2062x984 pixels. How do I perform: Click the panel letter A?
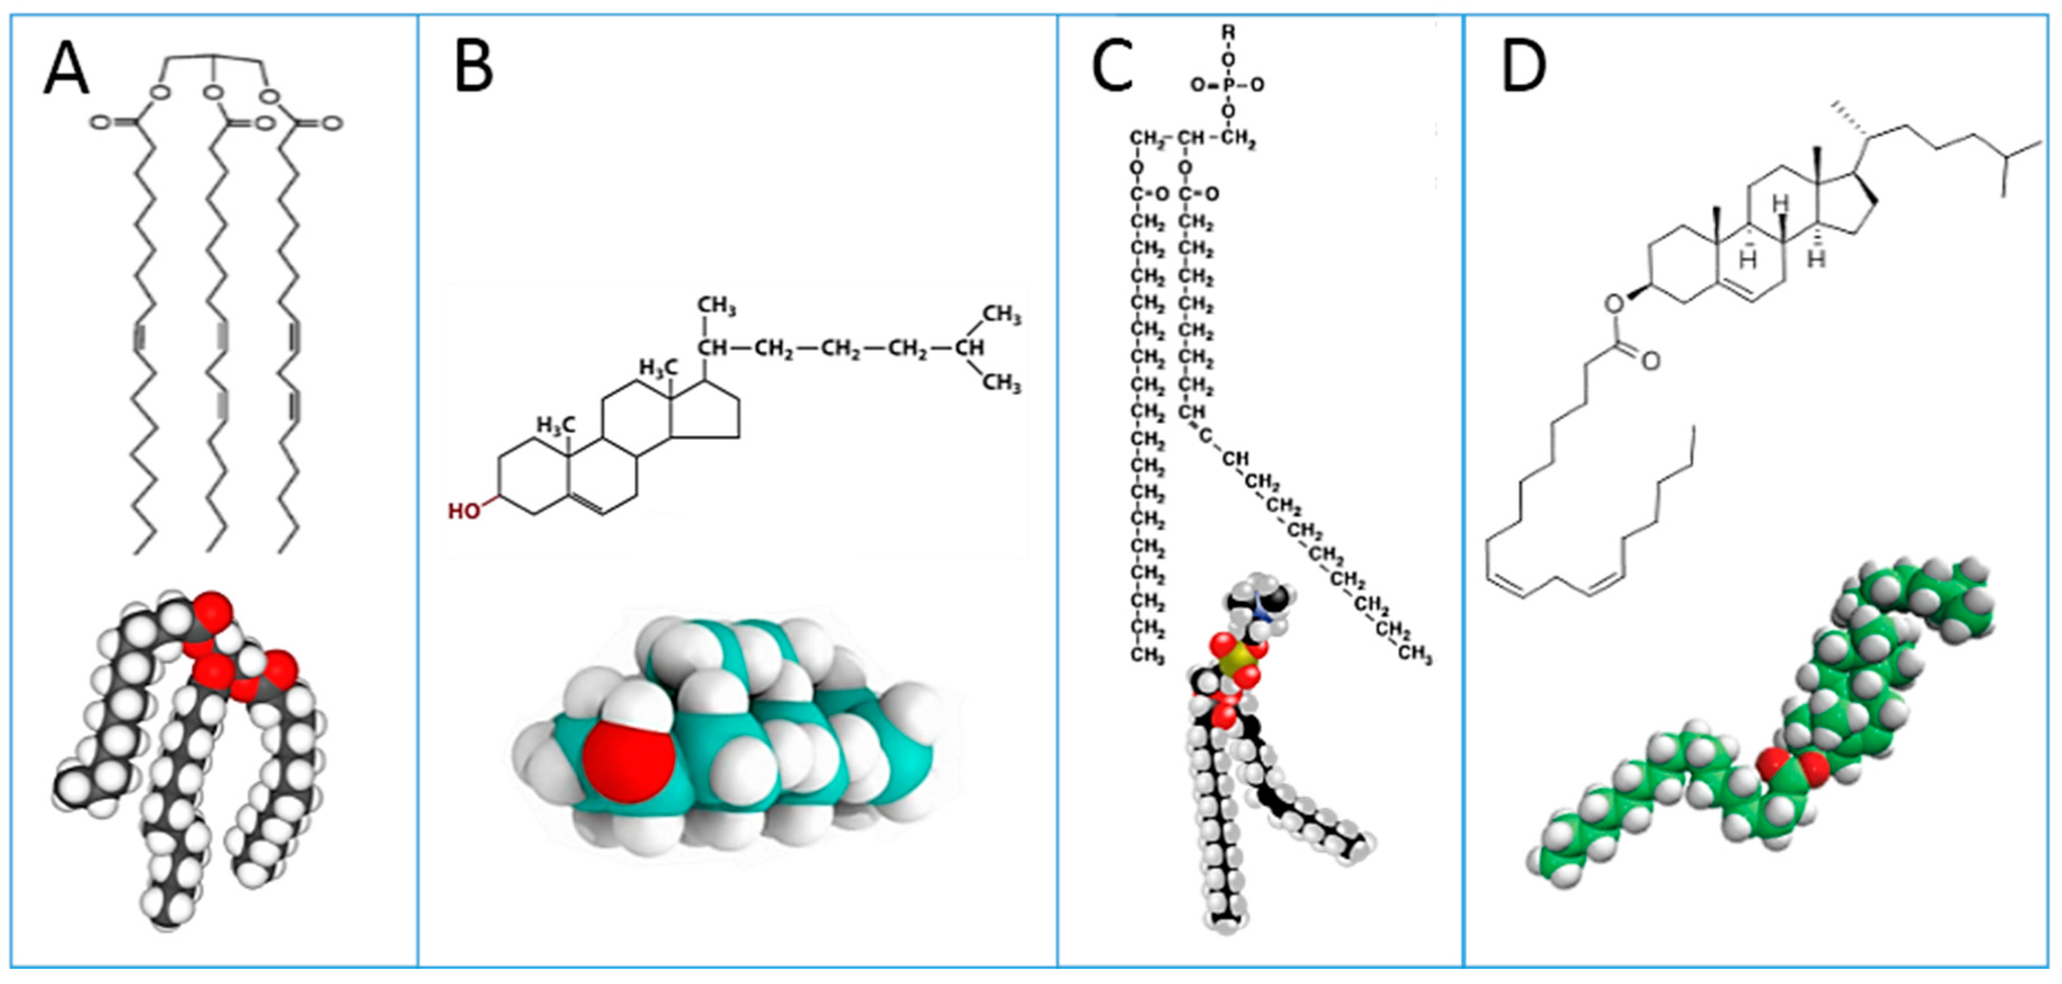(x=66, y=70)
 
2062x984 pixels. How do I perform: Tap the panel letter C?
(x=1112, y=68)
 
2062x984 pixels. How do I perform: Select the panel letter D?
(x=1523, y=68)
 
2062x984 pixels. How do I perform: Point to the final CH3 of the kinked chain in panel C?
(x=1414, y=654)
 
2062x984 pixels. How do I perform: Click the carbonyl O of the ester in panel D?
(x=1650, y=361)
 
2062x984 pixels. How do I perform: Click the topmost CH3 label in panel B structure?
(x=716, y=306)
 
